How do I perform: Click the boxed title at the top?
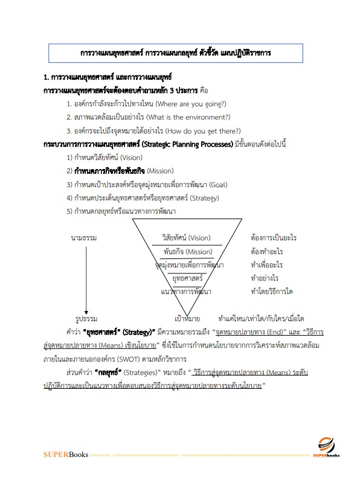(176, 53)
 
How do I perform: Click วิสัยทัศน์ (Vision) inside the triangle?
(187, 238)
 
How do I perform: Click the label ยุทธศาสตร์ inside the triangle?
(187, 278)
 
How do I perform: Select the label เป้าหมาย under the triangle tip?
(187, 318)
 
